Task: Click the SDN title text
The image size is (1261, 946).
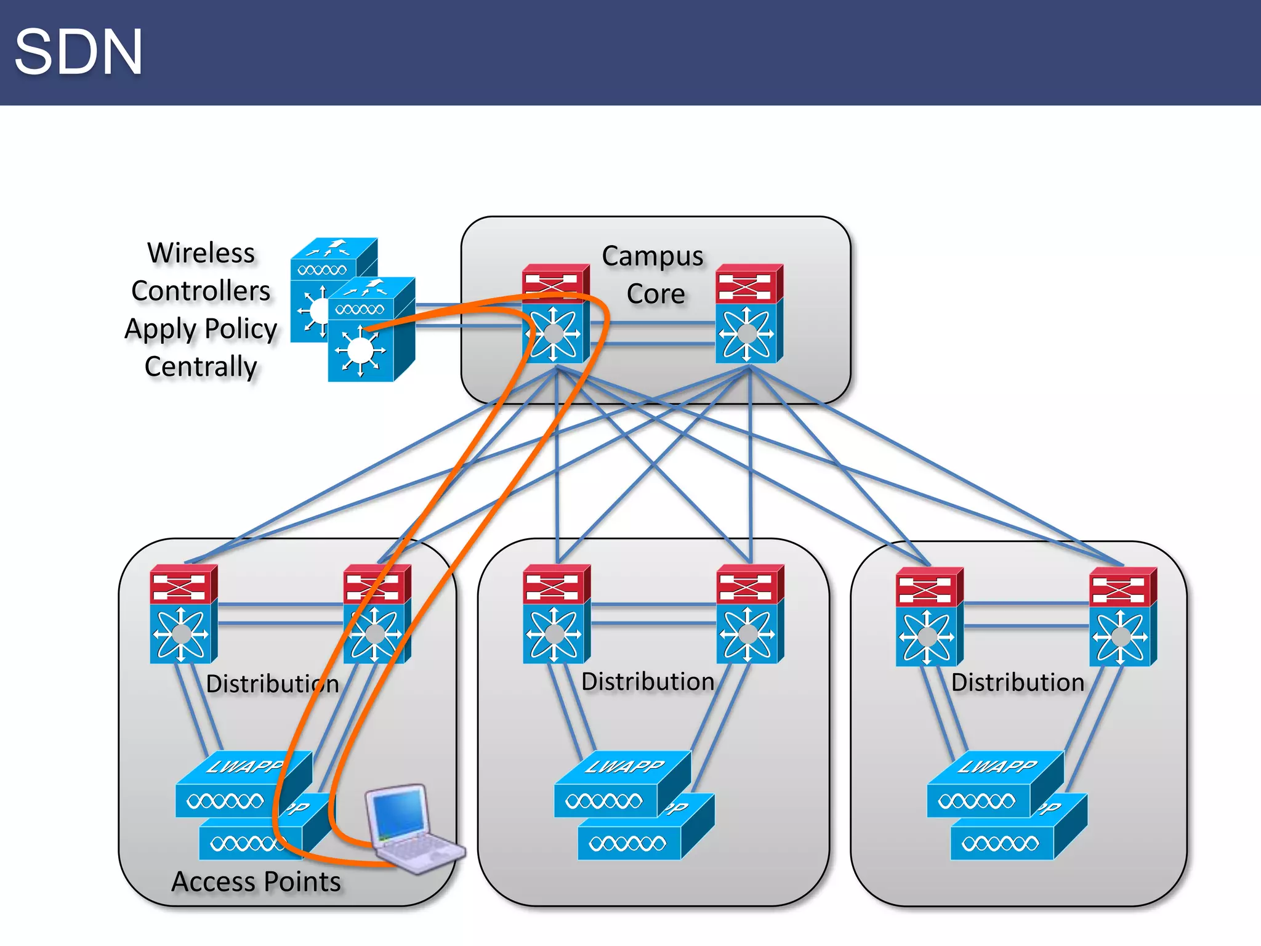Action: (78, 52)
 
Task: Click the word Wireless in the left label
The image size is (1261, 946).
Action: (201, 253)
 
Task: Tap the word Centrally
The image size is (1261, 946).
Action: (201, 366)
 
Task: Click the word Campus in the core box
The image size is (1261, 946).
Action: (652, 257)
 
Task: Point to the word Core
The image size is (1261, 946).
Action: (655, 294)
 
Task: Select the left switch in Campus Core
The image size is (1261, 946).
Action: (555, 314)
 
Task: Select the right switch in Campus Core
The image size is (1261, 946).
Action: (749, 314)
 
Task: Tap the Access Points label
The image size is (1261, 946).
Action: (256, 882)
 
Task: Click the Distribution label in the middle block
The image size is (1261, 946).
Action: (648, 682)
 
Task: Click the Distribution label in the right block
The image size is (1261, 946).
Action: (1017, 682)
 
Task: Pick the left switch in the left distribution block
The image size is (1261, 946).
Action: (183, 615)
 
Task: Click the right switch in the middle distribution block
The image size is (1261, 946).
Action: (749, 615)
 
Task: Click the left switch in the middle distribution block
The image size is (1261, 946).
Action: (556, 615)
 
